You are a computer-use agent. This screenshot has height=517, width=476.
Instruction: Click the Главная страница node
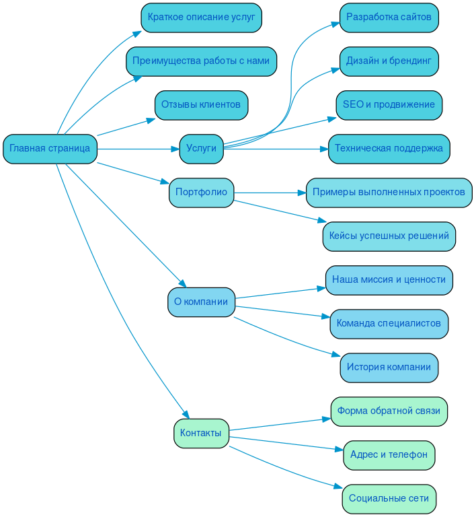point(50,149)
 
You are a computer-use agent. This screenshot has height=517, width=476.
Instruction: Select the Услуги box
point(201,149)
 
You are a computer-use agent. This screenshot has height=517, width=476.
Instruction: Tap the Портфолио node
point(201,193)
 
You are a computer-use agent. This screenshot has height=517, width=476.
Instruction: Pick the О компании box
point(201,302)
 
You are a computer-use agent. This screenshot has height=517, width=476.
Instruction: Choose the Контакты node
point(201,434)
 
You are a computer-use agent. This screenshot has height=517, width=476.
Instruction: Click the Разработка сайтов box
point(389,18)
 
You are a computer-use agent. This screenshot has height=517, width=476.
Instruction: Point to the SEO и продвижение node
point(389,105)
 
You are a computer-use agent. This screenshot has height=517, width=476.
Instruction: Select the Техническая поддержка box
point(389,149)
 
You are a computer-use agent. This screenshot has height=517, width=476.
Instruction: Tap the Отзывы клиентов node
point(201,105)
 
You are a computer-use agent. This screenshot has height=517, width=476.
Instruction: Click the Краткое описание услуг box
point(201,18)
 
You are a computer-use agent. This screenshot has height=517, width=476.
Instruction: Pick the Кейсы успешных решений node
point(389,236)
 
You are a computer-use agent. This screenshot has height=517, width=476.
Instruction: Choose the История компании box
point(389,368)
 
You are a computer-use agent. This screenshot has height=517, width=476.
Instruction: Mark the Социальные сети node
point(389,499)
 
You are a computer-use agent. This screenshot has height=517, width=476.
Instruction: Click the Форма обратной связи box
point(389,411)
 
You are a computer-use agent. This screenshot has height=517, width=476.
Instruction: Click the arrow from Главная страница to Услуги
point(138,149)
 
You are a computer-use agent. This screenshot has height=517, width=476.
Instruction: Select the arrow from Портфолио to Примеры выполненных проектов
point(269,193)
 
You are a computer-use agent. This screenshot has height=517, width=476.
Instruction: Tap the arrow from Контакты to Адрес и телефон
point(286,444)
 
